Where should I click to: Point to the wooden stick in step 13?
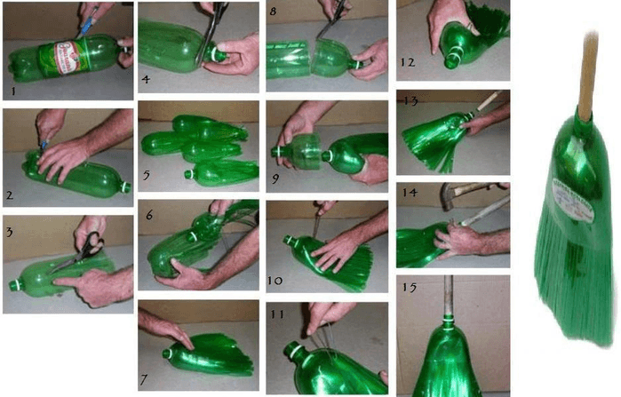(x=487, y=108)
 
